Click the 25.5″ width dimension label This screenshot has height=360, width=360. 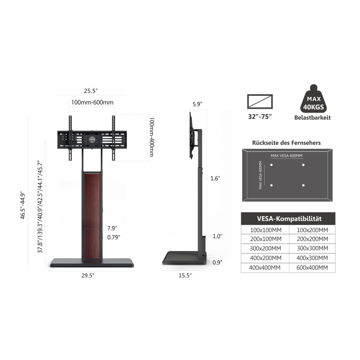[91, 91]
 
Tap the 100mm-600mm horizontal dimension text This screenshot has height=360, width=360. [92, 102]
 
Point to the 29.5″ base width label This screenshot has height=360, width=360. [88, 275]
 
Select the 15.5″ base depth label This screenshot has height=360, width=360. [185, 275]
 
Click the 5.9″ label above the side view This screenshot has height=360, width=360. [197, 104]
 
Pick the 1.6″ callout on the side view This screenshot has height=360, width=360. [215, 179]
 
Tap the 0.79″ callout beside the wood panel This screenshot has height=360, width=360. [114, 237]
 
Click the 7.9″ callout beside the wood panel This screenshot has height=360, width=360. [112, 228]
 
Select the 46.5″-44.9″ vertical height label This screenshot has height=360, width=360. [22, 205]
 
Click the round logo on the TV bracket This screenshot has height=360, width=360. [92, 140]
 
